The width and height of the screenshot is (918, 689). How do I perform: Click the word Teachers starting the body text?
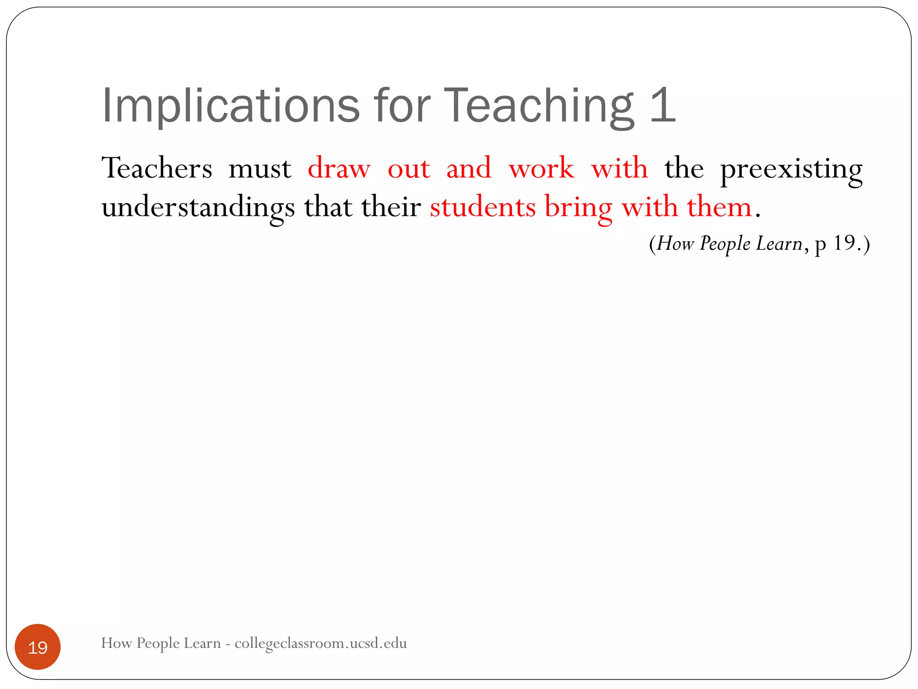coord(157,169)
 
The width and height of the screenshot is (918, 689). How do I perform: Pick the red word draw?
coord(339,169)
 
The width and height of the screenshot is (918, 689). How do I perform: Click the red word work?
coord(541,169)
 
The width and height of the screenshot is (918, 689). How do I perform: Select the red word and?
coord(469,169)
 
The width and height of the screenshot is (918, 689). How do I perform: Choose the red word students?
coord(483,207)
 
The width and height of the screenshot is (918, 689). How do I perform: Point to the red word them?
coord(719,207)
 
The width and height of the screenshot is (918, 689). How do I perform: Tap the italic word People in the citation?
coord(725,244)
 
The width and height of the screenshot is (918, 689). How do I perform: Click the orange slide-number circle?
coord(38,647)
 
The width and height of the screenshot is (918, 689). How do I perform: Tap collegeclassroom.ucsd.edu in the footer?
coord(320,643)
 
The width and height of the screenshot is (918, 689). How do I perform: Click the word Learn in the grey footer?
coord(202,643)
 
